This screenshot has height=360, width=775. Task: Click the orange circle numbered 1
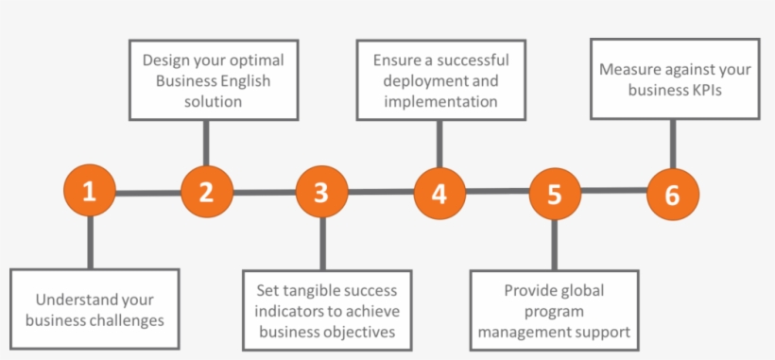pyautogui.click(x=89, y=192)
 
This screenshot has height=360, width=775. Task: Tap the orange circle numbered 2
pyautogui.click(x=206, y=192)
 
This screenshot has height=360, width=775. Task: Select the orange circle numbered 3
pyautogui.click(x=321, y=192)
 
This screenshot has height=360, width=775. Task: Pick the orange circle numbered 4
pyautogui.click(x=439, y=193)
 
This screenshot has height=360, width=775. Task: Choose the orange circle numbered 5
pyautogui.click(x=554, y=194)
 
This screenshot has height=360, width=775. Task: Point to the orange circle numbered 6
pyautogui.click(x=672, y=195)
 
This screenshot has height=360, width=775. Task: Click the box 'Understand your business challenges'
pyautogui.click(x=95, y=309)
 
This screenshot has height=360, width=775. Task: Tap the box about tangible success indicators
pyautogui.click(x=320, y=311)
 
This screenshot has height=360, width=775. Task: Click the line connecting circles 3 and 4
pyautogui.click(x=380, y=192)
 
